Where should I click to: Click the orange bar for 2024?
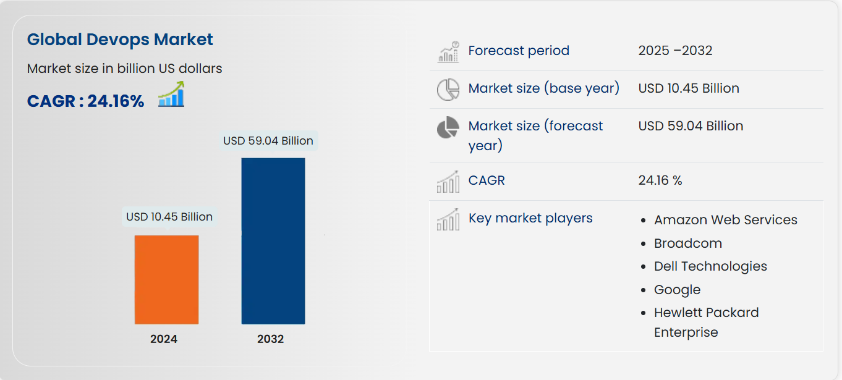coord(166,279)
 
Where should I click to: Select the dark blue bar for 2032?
coord(273,241)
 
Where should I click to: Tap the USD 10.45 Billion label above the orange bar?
coord(169,217)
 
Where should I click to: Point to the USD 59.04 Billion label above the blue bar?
coord(268,141)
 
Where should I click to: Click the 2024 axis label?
coord(164,339)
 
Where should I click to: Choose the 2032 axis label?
coord(271,339)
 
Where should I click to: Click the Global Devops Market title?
coord(120,40)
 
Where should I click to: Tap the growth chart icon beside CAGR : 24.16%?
coord(171,95)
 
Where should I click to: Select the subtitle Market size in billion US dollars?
coord(124,69)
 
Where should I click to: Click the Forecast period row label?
coord(519,51)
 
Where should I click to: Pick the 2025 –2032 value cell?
coord(675,51)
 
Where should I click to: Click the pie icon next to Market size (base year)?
coord(448,90)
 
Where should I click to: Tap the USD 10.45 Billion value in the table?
coord(689,88)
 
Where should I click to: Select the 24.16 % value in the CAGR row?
coord(660,180)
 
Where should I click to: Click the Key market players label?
coord(530,218)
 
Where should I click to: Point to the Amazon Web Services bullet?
coord(726,220)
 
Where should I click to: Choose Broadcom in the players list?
coord(688,243)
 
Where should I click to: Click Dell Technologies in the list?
coord(710,266)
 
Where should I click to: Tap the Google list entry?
coord(677,290)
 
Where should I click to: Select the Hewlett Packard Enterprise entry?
coord(706,322)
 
